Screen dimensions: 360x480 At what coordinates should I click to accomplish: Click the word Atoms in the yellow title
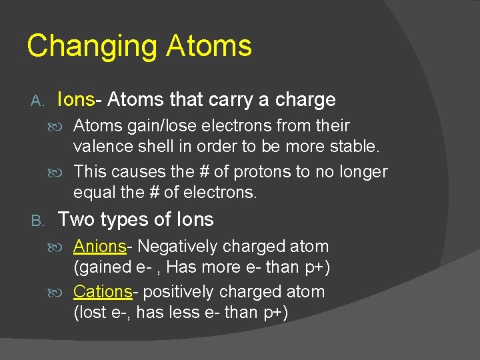click(x=209, y=45)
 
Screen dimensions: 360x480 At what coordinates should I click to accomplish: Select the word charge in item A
click(x=305, y=101)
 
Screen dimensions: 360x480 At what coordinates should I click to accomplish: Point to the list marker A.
click(x=37, y=101)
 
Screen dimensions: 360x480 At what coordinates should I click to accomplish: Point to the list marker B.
click(x=37, y=220)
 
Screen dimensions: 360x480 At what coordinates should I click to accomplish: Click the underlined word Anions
click(x=100, y=247)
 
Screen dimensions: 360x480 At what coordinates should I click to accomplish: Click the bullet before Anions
click(x=64, y=247)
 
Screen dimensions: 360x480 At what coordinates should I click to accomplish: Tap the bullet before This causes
click(x=64, y=173)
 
